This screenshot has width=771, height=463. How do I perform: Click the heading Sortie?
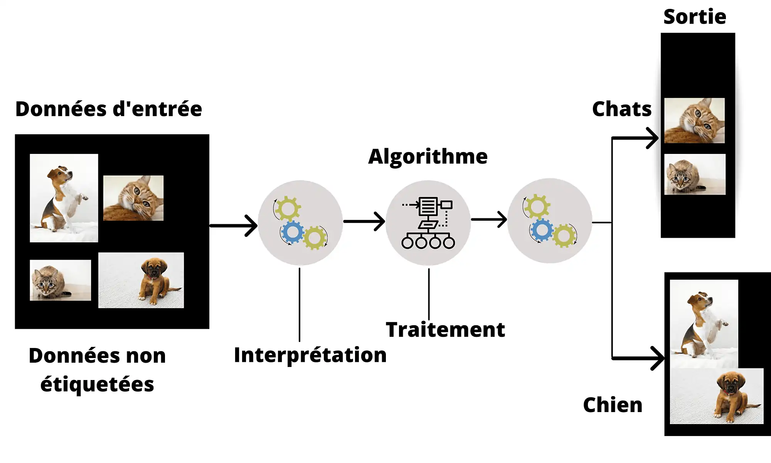point(695,17)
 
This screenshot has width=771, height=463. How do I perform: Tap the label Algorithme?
point(428,157)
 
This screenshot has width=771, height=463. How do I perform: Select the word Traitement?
point(445,330)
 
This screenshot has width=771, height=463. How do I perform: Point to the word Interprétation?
point(310,355)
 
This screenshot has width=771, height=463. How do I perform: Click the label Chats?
point(622,109)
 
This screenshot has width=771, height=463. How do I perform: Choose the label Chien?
point(613,405)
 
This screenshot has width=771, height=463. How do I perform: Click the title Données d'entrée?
point(109,109)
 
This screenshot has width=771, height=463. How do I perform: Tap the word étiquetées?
point(97,384)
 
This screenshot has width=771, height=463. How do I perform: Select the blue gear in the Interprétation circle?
point(293,232)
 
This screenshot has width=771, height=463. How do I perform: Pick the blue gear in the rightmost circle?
point(542,230)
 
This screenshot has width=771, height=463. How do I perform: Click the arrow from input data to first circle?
point(234,226)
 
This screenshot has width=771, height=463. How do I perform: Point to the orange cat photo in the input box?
point(133,198)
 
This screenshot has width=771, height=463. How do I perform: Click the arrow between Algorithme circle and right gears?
point(489,220)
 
